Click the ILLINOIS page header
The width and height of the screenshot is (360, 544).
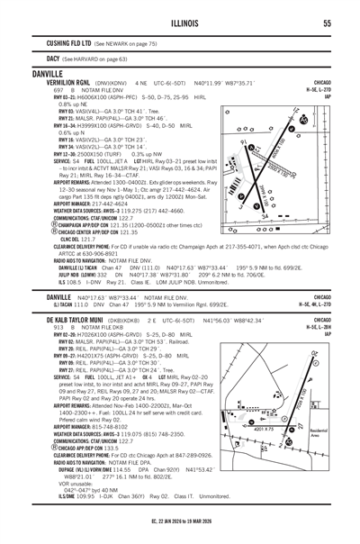pos(179,24)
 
